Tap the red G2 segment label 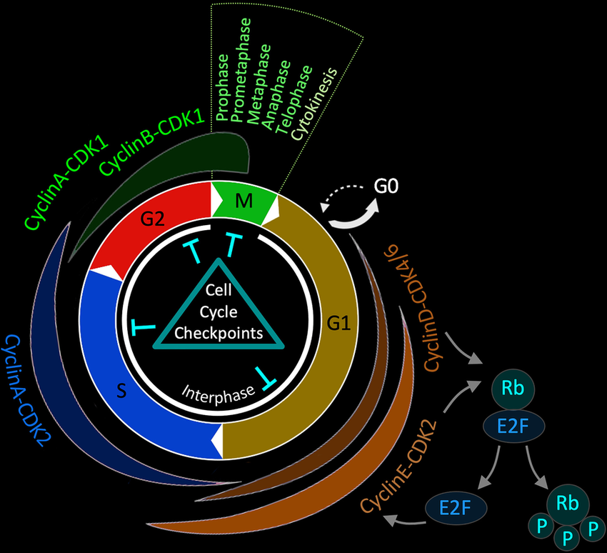153,220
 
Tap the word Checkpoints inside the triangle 219,333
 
